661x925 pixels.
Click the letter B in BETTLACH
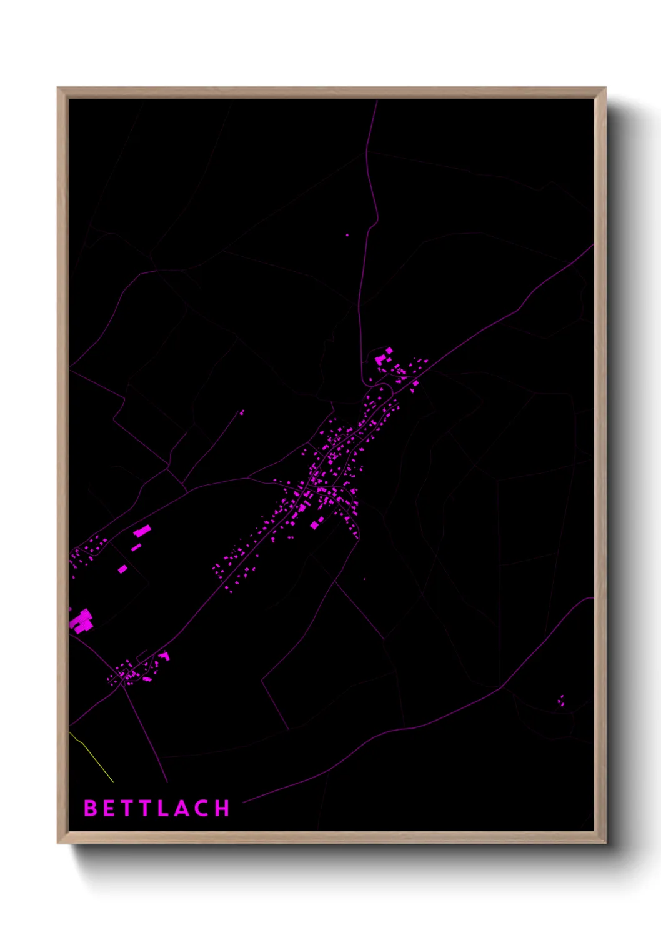(x=91, y=808)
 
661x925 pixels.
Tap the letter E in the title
(x=109, y=808)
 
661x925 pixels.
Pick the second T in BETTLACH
(x=145, y=808)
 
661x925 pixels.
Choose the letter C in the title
(x=202, y=808)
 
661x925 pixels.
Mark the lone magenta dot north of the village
(x=347, y=236)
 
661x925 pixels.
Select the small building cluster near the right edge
(x=561, y=701)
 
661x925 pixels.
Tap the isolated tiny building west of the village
(x=242, y=412)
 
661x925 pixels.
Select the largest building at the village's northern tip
(x=380, y=359)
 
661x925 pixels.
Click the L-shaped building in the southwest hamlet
(x=164, y=656)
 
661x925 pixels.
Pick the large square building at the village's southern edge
(x=315, y=525)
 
